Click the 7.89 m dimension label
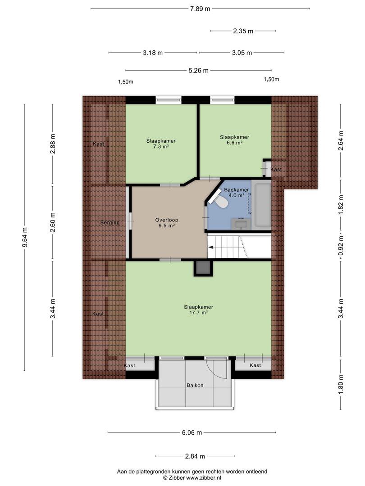pyautogui.click(x=200, y=9)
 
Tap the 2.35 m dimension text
pyautogui.click(x=243, y=31)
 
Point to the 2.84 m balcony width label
pyautogui.click(x=195, y=456)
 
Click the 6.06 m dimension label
pyautogui.click(x=192, y=432)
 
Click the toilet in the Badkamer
pyautogui.click(x=221, y=202)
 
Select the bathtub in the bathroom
pyautogui.click(x=261, y=205)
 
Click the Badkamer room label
pyautogui.click(x=234, y=190)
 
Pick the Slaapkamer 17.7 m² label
pyautogui.click(x=198, y=310)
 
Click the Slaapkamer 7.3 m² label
pyautogui.click(x=160, y=143)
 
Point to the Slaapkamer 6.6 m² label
pyautogui.click(x=234, y=139)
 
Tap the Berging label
pyautogui.click(x=110, y=222)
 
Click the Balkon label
pyautogui.click(x=195, y=385)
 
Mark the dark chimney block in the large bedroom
pyautogui.click(x=202, y=268)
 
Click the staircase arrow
pyautogui.click(x=211, y=247)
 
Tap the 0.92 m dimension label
pyautogui.click(x=341, y=247)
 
